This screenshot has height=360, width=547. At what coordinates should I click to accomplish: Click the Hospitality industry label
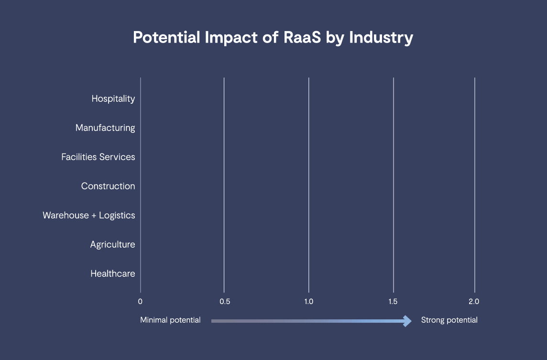point(113,99)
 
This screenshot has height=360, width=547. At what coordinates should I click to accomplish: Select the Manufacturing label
point(105,128)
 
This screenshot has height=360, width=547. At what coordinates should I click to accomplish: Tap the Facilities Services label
point(98,157)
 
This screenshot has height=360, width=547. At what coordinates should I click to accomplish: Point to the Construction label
point(108,186)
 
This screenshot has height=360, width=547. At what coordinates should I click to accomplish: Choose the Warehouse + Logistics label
point(88,216)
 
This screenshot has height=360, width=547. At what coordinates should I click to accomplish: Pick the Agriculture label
point(112,245)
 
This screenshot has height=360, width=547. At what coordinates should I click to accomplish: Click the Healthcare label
point(113,274)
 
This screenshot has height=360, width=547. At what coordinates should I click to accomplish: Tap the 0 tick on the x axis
point(140,302)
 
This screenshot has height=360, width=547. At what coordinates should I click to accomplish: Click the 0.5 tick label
point(225,302)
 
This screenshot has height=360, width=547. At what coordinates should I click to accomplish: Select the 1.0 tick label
point(309,302)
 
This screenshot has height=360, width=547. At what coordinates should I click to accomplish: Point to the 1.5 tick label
point(393,302)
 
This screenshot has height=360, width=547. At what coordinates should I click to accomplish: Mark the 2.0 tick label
point(474,302)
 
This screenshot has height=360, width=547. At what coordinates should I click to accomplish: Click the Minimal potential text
point(170,320)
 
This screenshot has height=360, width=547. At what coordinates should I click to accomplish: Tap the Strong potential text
point(449,320)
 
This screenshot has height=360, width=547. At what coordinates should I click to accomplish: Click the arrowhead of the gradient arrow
point(407,321)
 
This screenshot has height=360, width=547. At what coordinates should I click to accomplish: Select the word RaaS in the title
point(302,37)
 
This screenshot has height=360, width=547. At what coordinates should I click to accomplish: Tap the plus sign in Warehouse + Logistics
point(94,216)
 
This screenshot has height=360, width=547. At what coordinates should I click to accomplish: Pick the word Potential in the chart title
point(166,37)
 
